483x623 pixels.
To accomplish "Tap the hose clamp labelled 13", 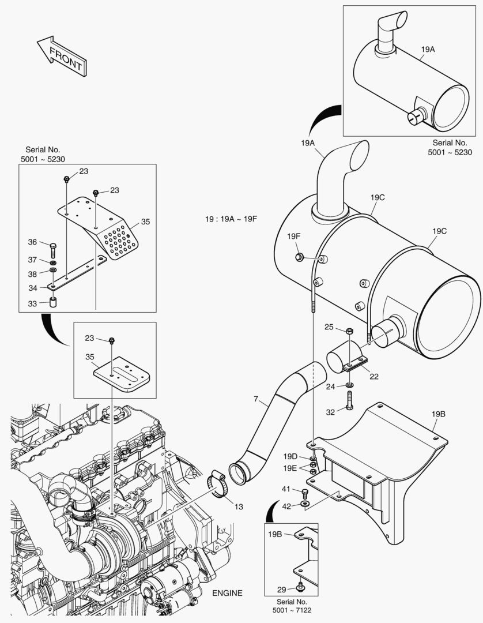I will tap(216, 483).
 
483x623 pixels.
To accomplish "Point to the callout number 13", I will tap(238, 506).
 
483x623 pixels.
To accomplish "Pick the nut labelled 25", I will tap(350, 331).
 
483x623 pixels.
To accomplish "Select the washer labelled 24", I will tap(350, 385).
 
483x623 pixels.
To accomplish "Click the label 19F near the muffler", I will tap(295, 236).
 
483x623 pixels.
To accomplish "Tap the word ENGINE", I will tap(227, 593).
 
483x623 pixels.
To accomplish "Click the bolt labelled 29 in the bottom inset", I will tap(300, 587).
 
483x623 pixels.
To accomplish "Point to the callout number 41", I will tap(286, 490).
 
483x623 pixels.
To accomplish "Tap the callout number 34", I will tap(33, 287).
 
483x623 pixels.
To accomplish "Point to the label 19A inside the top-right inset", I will tap(427, 50).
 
